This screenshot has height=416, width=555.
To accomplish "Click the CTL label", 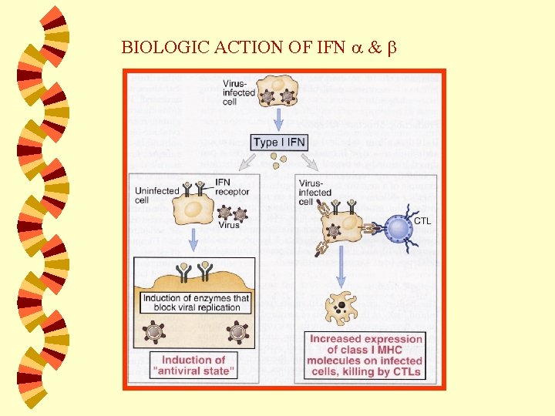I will pos(423,221).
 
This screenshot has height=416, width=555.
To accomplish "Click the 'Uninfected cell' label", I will pos(157,196).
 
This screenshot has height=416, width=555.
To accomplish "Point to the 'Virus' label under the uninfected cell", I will pos(229,226).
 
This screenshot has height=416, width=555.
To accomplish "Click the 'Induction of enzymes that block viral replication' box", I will pos(196,303).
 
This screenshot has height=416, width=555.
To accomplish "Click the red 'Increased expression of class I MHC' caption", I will pos(365,355).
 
